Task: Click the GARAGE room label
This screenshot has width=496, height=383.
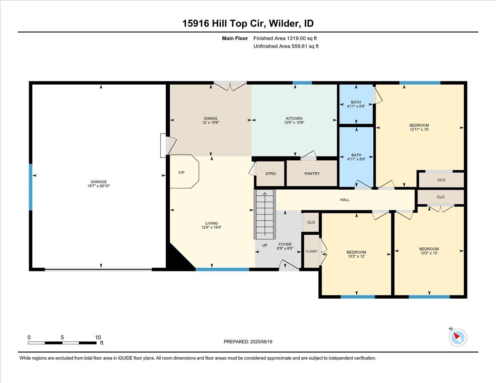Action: pos(99,182)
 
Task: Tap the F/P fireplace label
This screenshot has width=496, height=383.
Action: pos(181,173)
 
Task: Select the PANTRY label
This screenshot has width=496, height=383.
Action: pos(312,174)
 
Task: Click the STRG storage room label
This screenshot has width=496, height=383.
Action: pos(271,174)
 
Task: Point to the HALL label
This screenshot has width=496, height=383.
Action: pos(345,200)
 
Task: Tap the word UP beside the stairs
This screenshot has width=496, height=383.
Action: pos(265,245)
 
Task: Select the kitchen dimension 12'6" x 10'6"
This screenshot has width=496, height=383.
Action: pos(294,122)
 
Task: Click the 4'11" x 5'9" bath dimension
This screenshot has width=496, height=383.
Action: pos(356,106)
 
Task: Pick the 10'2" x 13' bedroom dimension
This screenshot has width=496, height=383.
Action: pos(429,253)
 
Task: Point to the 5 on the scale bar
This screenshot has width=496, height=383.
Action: pos(62,338)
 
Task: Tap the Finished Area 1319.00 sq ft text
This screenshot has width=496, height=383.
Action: pos(285,38)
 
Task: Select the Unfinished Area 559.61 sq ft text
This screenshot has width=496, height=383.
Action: pos(286,46)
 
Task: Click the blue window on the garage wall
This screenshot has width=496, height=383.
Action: pos(31,187)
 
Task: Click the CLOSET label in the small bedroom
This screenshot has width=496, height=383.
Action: pos(312,251)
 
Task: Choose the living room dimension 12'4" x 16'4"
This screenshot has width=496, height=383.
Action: pos(212,227)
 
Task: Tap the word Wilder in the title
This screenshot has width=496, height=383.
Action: pos(283,24)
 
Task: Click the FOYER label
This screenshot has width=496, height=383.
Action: pos(285,244)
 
